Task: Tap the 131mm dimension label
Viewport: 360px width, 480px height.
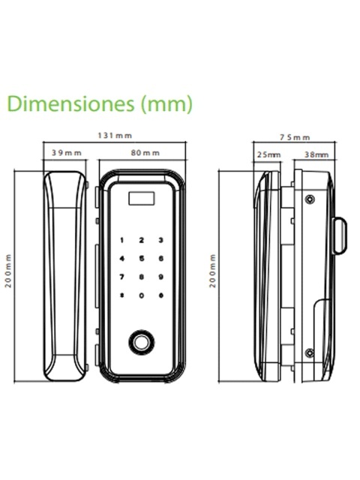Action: (x=115, y=135)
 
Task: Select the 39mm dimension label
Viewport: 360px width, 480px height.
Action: (x=67, y=152)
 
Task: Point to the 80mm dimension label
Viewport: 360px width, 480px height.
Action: (x=145, y=152)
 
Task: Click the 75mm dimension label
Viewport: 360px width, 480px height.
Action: (x=295, y=137)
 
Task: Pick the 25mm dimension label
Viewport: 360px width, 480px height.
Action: (x=268, y=154)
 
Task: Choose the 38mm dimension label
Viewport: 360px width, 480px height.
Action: (x=316, y=154)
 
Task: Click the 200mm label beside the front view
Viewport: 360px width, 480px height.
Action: (x=8, y=271)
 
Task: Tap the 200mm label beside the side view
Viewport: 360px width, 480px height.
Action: (x=212, y=271)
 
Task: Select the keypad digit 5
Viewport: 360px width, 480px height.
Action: (x=142, y=259)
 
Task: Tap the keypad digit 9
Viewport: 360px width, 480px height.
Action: (x=161, y=277)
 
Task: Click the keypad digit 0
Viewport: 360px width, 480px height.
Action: (x=142, y=295)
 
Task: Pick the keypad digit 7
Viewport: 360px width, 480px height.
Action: (x=121, y=277)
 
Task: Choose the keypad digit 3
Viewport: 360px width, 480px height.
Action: (x=161, y=240)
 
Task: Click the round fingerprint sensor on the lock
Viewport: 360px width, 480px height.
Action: (x=142, y=342)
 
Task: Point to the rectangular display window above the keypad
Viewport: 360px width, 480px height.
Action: (x=142, y=198)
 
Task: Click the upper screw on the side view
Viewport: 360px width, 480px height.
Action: (x=310, y=199)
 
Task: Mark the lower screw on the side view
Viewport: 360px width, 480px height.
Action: (x=310, y=352)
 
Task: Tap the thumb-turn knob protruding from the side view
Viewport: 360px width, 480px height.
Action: (x=340, y=235)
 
